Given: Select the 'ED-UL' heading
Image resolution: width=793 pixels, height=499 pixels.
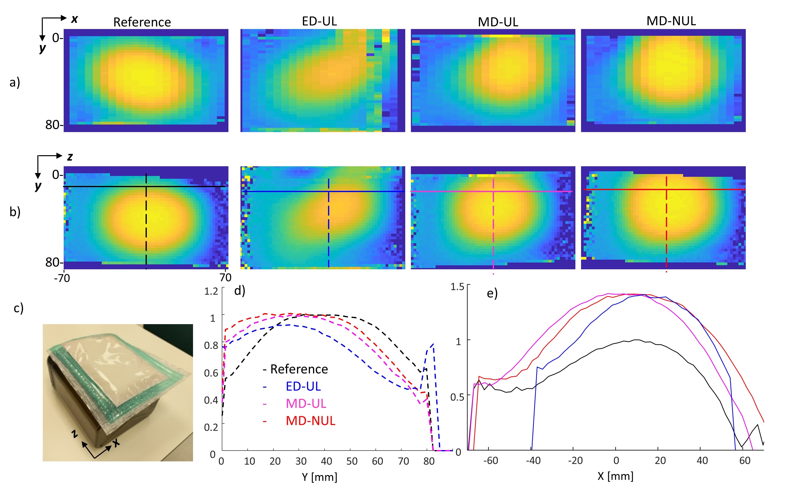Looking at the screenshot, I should point(319,21).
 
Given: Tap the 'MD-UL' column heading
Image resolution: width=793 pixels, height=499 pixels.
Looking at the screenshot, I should point(498,22).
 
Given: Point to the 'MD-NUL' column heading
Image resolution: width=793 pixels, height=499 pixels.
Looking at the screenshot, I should point(671,21).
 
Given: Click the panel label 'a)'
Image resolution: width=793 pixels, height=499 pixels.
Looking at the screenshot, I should point(15,82).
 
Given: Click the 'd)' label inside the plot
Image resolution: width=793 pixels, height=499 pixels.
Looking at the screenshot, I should point(239,291).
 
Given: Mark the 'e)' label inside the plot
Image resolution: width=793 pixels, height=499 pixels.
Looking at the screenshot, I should point(492,293).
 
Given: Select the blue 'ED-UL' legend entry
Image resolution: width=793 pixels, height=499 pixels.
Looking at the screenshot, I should point(303,386).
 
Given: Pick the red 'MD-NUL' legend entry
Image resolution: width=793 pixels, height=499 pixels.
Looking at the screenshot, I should point(310,421).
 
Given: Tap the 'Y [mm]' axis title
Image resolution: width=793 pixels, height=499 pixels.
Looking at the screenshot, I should point(319,477).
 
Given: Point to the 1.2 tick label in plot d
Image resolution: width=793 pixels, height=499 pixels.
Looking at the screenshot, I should point(211,291).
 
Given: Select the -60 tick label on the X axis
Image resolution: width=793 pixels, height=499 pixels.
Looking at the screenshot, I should point(490,460).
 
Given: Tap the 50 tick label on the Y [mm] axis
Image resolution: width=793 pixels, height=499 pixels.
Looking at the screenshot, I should point(352,461).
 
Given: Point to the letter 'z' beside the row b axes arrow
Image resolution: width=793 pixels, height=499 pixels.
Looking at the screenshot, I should point(70,157).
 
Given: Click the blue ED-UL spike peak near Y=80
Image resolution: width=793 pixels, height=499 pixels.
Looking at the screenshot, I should point(433,344).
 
